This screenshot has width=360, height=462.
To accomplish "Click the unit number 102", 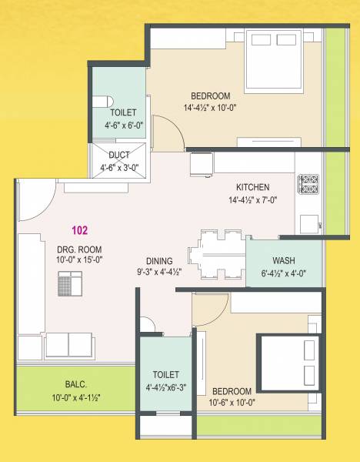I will pos(79,229).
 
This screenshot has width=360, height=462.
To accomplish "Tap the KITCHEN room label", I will pos(252,187).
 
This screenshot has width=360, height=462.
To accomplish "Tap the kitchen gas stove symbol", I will pos(309,185).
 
